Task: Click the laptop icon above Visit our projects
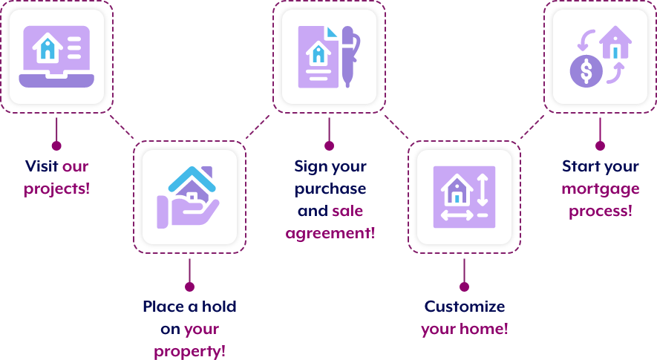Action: pyautogui.click(x=56, y=56)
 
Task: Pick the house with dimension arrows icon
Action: pyautogui.click(x=464, y=197)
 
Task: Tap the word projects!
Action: pyautogui.click(x=56, y=189)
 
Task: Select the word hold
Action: pyautogui.click(x=218, y=307)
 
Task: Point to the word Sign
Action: pyautogui.click(x=311, y=166)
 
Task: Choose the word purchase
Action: pyautogui.click(x=330, y=189)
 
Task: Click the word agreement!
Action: pyautogui.click(x=330, y=233)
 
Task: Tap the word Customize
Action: pyautogui.click(x=465, y=307)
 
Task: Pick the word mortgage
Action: pyautogui.click(x=601, y=189)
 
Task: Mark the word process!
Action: pyautogui.click(x=601, y=211)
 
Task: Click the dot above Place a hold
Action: pyautogui.click(x=189, y=287)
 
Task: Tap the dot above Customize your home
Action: pyautogui.click(x=464, y=287)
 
